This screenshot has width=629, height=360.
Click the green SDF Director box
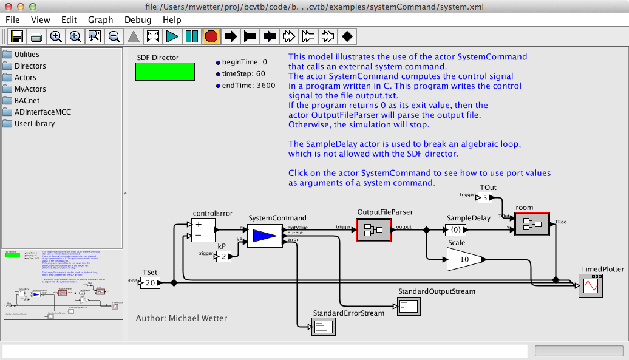[x=165, y=72]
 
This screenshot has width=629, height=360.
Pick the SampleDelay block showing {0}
[x=460, y=229]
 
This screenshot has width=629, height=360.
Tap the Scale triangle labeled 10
[x=465, y=259]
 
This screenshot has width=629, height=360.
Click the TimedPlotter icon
[x=588, y=285]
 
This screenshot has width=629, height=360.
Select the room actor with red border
[x=531, y=223]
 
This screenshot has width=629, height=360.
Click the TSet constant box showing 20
[x=150, y=283]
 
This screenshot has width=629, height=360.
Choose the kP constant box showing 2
[x=223, y=256]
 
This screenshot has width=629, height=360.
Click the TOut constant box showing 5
[x=486, y=198]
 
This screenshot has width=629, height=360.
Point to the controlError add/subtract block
[x=205, y=230]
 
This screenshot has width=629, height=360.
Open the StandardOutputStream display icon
[x=409, y=306]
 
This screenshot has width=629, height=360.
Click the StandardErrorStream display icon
[x=324, y=327]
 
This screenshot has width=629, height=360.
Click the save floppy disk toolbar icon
[x=16, y=36]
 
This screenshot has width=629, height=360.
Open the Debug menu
[x=138, y=20]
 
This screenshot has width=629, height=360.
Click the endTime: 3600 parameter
[x=248, y=86]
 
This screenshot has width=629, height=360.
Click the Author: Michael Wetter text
[x=182, y=318]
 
